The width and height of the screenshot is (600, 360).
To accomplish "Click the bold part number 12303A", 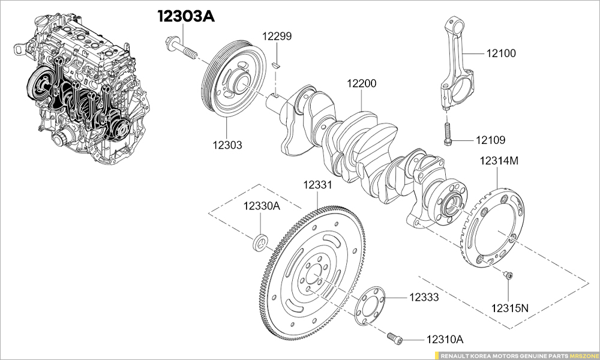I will pyautogui.click(x=186, y=16).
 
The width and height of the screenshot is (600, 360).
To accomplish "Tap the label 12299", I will pyautogui.click(x=277, y=37).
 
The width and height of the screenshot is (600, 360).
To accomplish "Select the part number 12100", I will pyautogui.click(x=500, y=53).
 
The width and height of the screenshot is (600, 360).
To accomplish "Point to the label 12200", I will pyautogui.click(x=361, y=83).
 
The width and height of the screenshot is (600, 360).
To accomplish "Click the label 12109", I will pyautogui.click(x=490, y=140).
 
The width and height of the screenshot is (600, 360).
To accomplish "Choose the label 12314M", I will pyautogui.click(x=499, y=161).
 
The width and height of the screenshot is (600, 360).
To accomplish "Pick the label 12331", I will pyautogui.click(x=317, y=185).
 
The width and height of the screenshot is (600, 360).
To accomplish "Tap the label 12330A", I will pyautogui.click(x=262, y=206).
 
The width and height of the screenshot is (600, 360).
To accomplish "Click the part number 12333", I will pyautogui.click(x=424, y=297).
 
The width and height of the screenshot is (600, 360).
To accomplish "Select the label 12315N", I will pyautogui.click(x=510, y=308).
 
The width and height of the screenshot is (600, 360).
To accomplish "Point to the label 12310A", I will pyautogui.click(x=445, y=340).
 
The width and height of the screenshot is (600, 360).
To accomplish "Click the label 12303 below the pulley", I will pyautogui.click(x=227, y=145).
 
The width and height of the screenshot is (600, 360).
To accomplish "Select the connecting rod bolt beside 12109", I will pyautogui.click(x=446, y=133).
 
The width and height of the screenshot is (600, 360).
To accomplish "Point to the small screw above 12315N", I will pyautogui.click(x=508, y=275).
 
